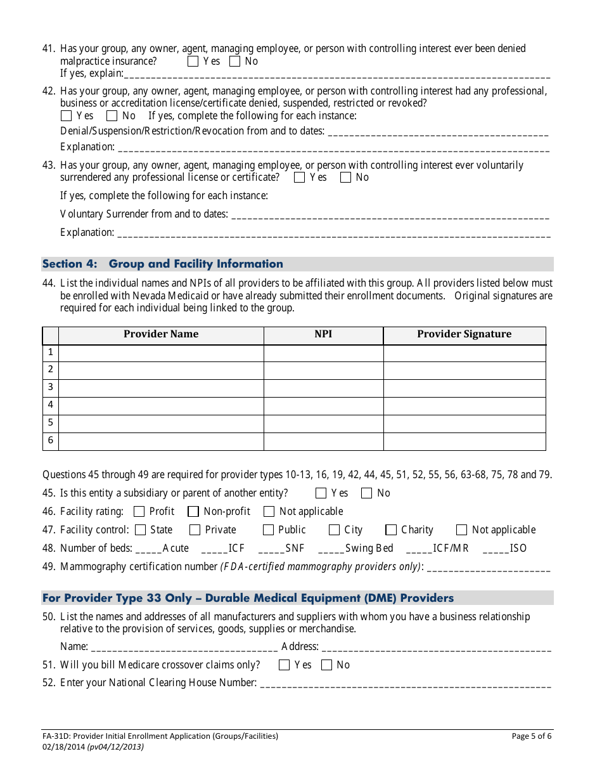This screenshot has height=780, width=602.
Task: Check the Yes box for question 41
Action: pos(193,62)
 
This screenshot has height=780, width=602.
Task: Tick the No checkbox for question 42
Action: pos(112,116)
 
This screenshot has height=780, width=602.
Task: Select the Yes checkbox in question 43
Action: pos(300,178)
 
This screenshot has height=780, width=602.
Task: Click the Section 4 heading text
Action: pos(163,264)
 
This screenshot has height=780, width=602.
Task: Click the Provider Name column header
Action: pos(161,334)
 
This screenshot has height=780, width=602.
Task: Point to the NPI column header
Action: pos(323,334)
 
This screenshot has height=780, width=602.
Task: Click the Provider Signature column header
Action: pos(464,334)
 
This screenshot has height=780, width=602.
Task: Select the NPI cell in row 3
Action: pos(323,387)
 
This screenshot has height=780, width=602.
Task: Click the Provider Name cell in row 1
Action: pos(161,353)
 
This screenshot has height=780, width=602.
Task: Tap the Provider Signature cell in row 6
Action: pos(464,441)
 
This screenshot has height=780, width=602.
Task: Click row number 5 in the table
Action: pos(51,423)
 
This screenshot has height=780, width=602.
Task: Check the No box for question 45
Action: pos(367,493)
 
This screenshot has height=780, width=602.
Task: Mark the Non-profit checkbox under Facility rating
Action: pos(194,512)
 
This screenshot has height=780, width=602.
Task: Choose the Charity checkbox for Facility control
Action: pos(392,530)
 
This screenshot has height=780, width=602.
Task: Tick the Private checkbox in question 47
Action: pos(195,530)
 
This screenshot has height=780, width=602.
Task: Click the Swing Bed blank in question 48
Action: pos(331,549)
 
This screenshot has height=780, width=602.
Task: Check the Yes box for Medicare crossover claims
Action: pos(285,665)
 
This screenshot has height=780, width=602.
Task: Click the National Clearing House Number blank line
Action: pos(405,684)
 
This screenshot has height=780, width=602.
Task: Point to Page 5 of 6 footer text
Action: pos(531,736)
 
